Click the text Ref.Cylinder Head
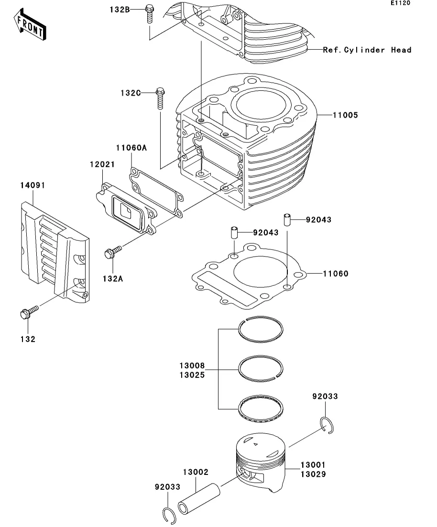(x=367, y=50)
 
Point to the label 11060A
(x=131, y=148)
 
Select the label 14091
(x=33, y=185)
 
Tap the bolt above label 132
(x=29, y=313)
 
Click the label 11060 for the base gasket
(x=335, y=274)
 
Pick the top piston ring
(x=261, y=330)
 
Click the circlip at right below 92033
(x=327, y=426)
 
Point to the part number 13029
(x=313, y=474)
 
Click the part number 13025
(x=192, y=375)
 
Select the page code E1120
(x=400, y=3)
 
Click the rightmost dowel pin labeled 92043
(x=287, y=220)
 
